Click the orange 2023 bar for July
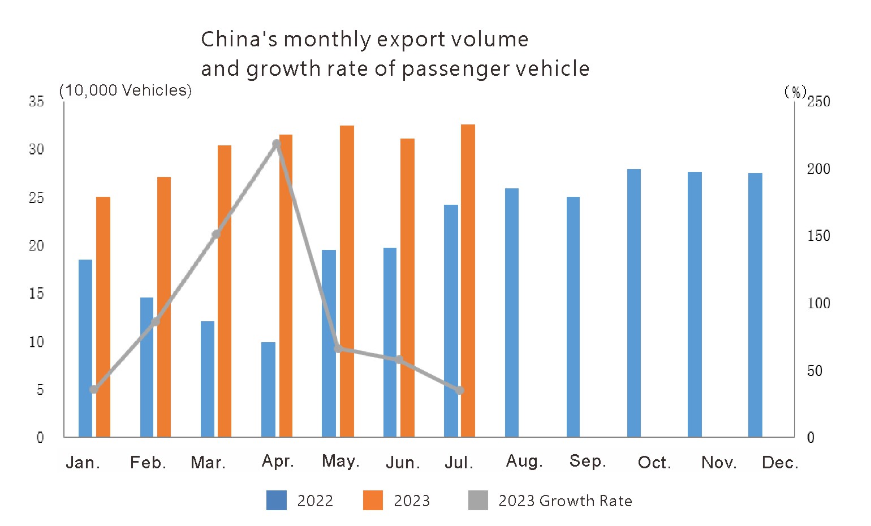click(468, 281)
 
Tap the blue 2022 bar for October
click(633, 303)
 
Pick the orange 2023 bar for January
click(103, 317)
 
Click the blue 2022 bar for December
click(755, 305)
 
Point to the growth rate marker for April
click(277, 144)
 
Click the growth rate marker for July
click(460, 390)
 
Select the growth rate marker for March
click(216, 234)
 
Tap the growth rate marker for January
click(94, 389)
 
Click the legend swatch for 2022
click(277, 501)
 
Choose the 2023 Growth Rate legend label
click(565, 501)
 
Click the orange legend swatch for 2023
click(373, 501)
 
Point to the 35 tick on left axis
click(36, 101)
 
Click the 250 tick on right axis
click(818, 101)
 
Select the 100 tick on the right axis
click(818, 303)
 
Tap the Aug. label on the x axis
click(524, 461)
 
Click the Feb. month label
click(148, 463)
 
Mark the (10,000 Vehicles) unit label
click(126, 90)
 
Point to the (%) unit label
click(795, 92)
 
